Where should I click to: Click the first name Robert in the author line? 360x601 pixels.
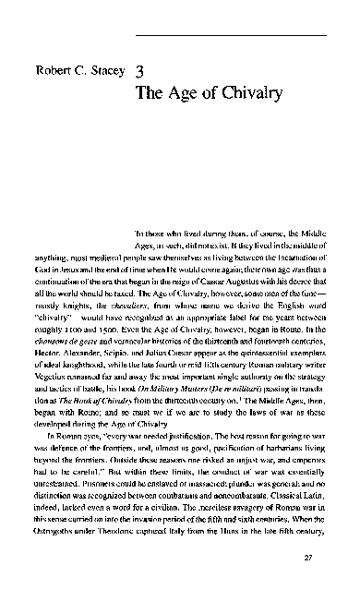coord(49,71)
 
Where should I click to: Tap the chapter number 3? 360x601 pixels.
coord(138,69)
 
